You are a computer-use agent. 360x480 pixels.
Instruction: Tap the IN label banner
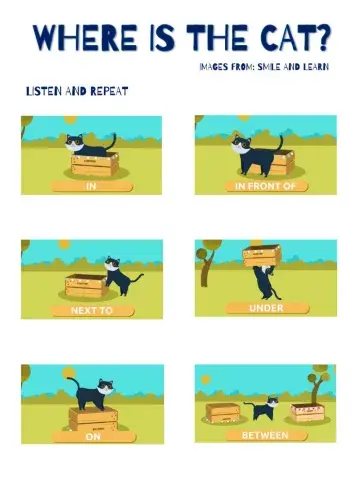coord(91,185)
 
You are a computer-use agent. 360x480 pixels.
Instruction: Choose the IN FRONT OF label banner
coord(265,185)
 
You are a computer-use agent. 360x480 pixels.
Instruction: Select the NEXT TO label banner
coord(91,310)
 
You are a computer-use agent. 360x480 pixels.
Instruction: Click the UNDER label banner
coord(265,308)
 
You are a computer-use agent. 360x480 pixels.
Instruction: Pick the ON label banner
coord(91,435)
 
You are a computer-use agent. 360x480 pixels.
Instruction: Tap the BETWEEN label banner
coord(265,435)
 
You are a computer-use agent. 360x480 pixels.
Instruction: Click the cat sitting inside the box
coord(86,145)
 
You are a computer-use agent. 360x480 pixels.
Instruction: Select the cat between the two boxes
coord(265,408)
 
